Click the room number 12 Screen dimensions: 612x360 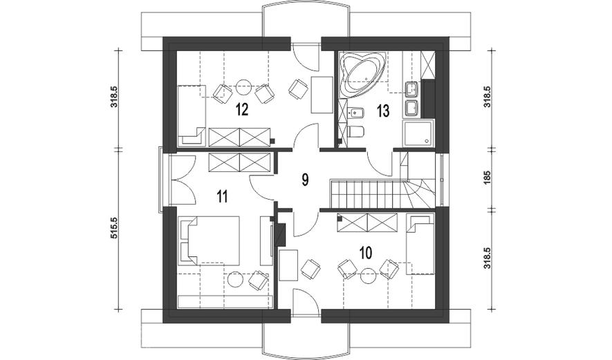[x=242, y=110]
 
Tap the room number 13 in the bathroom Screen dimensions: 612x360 [x=383, y=111]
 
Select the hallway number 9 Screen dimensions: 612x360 [x=305, y=180]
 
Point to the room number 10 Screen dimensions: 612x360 [x=365, y=253]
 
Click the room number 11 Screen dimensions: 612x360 [x=222, y=196]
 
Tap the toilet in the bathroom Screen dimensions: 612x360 [x=355, y=132]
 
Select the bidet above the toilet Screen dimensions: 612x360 [x=355, y=113]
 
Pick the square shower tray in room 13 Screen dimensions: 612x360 [x=419, y=133]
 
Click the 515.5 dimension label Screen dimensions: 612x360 [x=114, y=228]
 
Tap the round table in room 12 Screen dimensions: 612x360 [x=244, y=87]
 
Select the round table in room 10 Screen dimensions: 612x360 [x=368, y=276]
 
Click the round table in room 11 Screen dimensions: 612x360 [x=235, y=279]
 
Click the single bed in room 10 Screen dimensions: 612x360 [x=420, y=244]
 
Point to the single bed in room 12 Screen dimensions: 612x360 [x=192, y=116]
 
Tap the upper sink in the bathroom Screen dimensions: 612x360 [x=412, y=89]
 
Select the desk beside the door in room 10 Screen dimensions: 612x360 [x=289, y=265]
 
